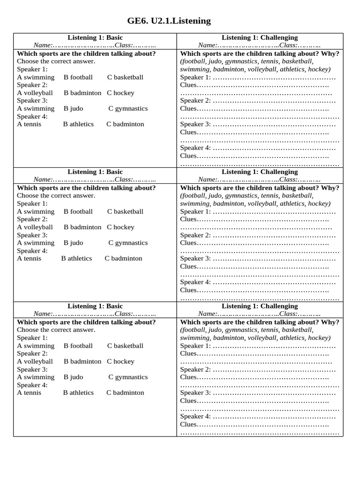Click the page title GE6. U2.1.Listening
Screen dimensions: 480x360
pos(169,21)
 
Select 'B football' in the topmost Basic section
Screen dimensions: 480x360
pos(78,77)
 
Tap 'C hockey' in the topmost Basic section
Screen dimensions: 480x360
pos(120,93)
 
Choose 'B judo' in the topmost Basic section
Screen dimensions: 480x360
pos(73,108)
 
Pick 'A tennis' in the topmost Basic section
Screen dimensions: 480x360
pos(29,124)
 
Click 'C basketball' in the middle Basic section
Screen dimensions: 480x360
pos(125,211)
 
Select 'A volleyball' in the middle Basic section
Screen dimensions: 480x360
pos(35,227)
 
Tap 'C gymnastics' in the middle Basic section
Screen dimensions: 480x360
pos(128,243)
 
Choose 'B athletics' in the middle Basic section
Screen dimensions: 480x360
pos(76,258)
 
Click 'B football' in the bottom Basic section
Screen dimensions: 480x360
pos(78,345)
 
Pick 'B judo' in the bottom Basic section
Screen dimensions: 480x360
pos(73,377)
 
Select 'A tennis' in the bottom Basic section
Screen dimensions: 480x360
pos(29,393)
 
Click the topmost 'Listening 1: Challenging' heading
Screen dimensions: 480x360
pos(259,37)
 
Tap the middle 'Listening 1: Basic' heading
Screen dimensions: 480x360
pos(95,172)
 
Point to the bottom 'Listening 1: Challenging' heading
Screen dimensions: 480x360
pos(259,306)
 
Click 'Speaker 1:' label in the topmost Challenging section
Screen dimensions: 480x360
pos(195,77)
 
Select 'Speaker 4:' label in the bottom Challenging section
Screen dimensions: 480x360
pos(195,416)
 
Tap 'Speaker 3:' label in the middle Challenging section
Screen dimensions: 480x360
pos(195,258)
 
